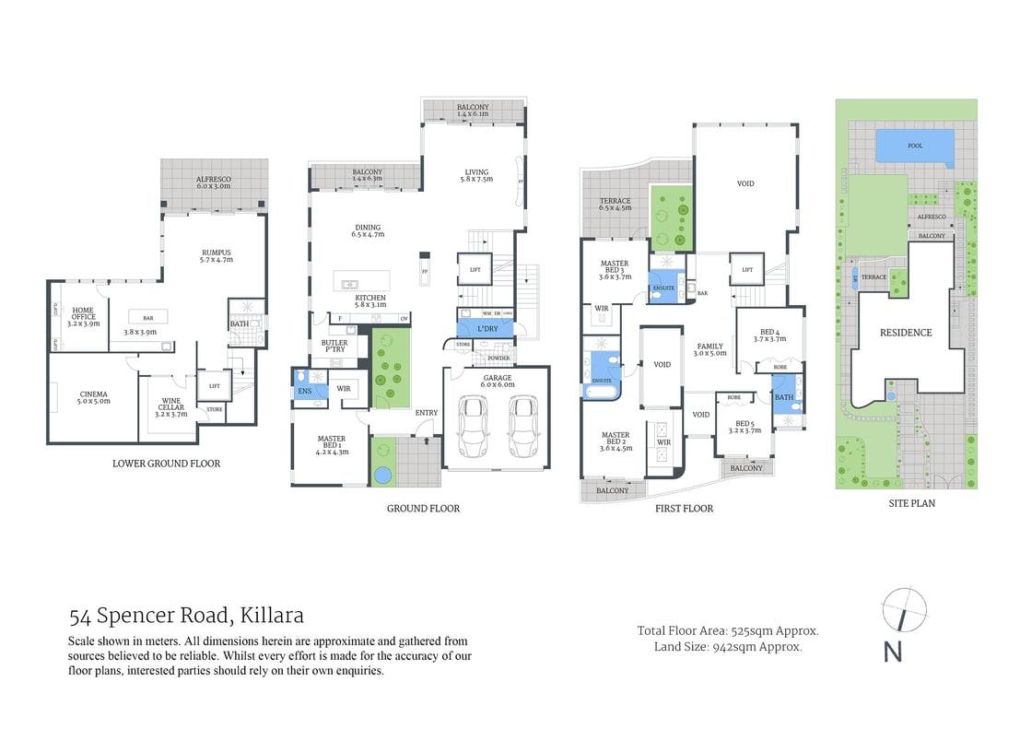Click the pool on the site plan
tap(914, 146)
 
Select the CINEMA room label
tap(93, 398)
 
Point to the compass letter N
tap(892, 651)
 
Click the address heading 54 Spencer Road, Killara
tap(186, 616)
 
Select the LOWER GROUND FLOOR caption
tap(166, 464)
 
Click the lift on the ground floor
tap(475, 270)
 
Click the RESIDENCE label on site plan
tap(905, 333)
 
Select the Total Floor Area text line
tap(728, 631)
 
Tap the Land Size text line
tap(728, 647)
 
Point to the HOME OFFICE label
tap(83, 317)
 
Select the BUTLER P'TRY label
tap(334, 347)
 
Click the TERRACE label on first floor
tap(615, 204)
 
